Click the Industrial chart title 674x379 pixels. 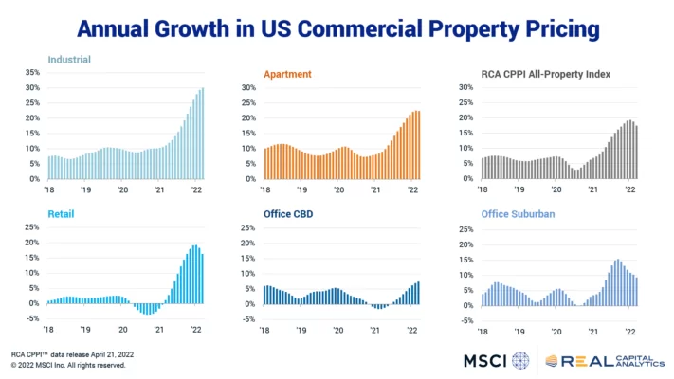point(69,59)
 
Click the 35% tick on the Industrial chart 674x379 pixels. point(31,72)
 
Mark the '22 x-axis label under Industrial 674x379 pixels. point(196,189)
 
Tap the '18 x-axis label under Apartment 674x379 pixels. point(268,189)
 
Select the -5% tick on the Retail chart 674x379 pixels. point(32,318)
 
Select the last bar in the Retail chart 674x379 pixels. point(202,279)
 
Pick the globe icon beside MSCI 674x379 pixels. point(520,360)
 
